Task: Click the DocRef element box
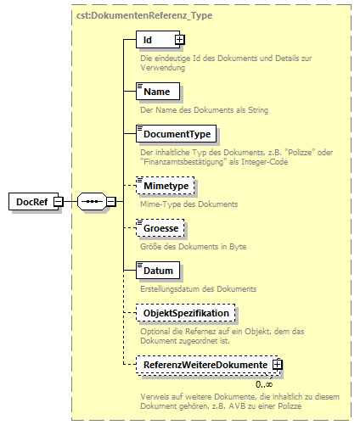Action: tap(31, 201)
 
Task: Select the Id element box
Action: tap(154, 40)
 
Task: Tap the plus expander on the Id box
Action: tap(179, 40)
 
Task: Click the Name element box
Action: tap(156, 91)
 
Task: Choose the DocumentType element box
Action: tap(177, 134)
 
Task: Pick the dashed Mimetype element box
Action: tap(166, 184)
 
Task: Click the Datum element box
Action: tap(158, 271)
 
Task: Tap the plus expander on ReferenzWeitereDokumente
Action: tap(277, 365)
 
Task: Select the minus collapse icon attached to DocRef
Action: tap(58, 201)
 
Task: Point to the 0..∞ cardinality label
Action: tap(264, 384)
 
